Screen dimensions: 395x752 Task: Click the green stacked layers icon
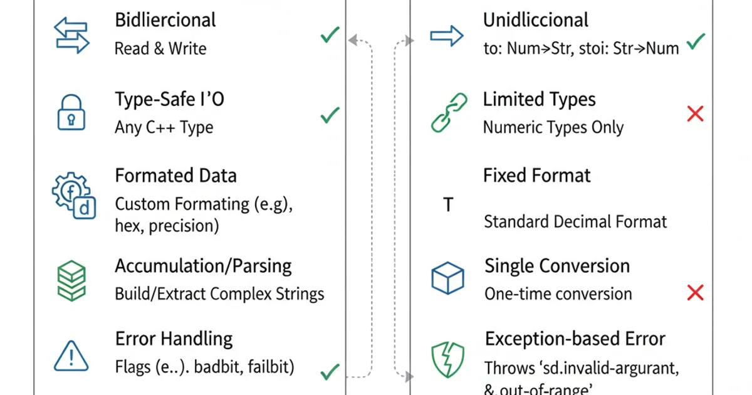(71, 280)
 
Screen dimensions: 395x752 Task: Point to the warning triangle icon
(71, 356)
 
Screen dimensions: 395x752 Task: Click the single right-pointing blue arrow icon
(447, 36)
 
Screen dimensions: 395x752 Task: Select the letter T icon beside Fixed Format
(448, 205)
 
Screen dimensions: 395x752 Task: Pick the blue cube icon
(447, 278)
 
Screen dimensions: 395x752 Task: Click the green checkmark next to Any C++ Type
(330, 115)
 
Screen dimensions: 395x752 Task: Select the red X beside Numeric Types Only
(695, 113)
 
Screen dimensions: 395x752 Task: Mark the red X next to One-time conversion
(695, 292)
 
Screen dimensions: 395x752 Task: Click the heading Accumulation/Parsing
(203, 266)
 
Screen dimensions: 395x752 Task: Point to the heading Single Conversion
(556, 266)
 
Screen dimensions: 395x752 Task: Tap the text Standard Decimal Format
(575, 221)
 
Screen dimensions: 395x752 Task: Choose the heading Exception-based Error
(575, 339)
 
